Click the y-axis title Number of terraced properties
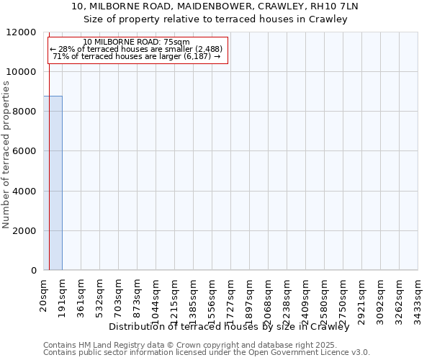(x=7, y=155)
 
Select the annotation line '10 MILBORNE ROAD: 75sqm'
(x=136, y=42)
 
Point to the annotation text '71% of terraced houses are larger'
(x=136, y=56)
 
